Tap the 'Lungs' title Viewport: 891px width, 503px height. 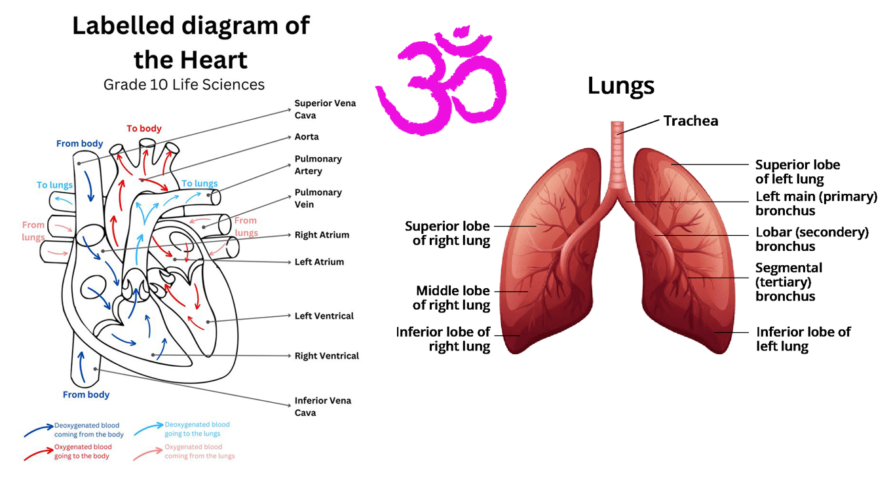point(620,86)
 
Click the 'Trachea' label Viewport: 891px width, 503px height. point(691,121)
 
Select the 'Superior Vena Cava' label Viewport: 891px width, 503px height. point(325,109)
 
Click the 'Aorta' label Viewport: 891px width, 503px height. point(307,137)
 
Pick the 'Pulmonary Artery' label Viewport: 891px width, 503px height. point(318,165)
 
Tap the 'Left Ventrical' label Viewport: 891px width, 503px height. point(324,316)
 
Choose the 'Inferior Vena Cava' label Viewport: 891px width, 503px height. point(322,407)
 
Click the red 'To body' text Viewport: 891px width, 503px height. point(143,128)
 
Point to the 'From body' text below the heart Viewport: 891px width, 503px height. point(86,395)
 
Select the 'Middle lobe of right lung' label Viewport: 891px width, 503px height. point(452,298)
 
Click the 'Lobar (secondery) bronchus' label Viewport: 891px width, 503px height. point(812,240)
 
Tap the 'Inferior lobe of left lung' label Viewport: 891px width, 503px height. point(803,339)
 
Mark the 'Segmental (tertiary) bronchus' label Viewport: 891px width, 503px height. point(788,282)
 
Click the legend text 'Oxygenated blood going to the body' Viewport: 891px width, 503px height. point(83,451)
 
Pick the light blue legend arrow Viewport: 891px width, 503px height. point(147,430)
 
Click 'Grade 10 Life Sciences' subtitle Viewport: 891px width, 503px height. point(184,84)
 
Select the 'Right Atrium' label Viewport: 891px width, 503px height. point(322,235)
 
